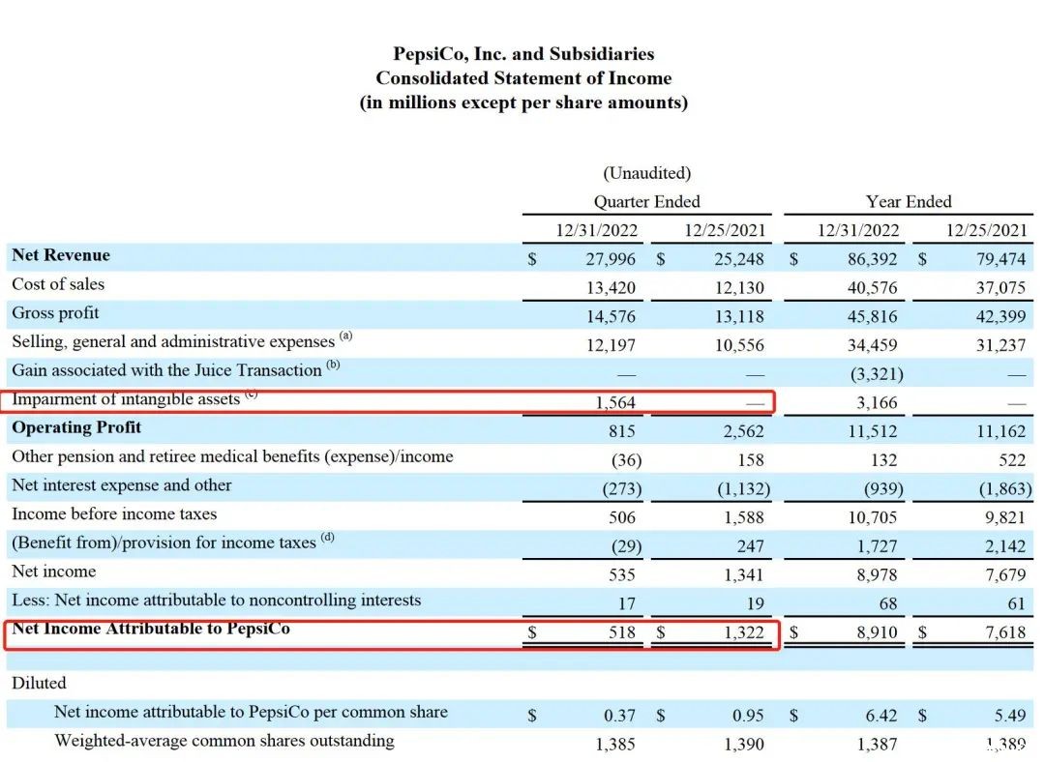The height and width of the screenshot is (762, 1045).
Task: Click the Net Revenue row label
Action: (x=61, y=255)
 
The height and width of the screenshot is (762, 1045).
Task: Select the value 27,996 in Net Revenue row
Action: (x=611, y=259)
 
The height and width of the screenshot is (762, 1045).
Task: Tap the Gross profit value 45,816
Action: (x=872, y=316)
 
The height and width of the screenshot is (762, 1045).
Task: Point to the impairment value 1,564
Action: (x=615, y=402)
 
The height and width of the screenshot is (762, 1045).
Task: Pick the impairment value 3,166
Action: (x=877, y=402)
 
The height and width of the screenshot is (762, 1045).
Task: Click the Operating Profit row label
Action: (x=76, y=427)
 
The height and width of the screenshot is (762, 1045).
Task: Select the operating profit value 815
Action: (x=622, y=431)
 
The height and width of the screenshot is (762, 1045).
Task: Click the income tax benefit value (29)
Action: (x=626, y=546)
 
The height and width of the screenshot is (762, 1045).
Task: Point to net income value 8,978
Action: (x=877, y=574)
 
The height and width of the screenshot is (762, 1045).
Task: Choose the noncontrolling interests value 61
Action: (x=1016, y=603)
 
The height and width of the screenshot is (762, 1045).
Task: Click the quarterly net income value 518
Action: (x=622, y=632)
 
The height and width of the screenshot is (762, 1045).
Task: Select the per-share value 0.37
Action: (x=620, y=716)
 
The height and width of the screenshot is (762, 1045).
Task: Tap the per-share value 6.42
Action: (x=881, y=716)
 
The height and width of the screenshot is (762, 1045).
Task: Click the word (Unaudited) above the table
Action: (x=646, y=173)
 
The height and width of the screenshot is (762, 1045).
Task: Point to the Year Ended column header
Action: (x=909, y=201)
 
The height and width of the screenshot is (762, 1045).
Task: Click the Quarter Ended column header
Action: (x=646, y=201)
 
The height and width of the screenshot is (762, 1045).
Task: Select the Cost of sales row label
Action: (x=58, y=283)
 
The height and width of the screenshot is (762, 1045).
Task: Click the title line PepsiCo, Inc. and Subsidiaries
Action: (x=523, y=53)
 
